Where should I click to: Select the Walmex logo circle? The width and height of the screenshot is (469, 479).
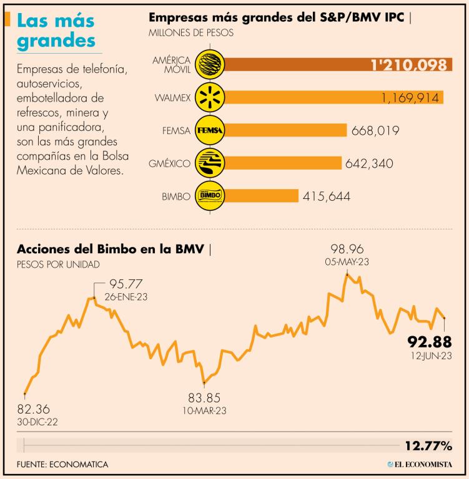coord(209,97)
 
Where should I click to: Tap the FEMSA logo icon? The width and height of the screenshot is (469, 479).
coord(209,130)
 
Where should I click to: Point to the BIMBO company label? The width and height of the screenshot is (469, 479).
coord(175,196)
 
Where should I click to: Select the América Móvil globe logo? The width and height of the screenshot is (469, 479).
coord(209,64)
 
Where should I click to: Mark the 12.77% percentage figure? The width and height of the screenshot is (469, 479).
coord(428,445)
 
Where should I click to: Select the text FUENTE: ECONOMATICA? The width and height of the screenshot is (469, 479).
coord(63,464)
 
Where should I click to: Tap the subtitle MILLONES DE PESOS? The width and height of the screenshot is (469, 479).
coord(190,32)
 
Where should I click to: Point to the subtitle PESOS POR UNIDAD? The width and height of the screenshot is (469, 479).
coord(59,264)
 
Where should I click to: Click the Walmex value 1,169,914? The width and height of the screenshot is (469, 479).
coord(409,98)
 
